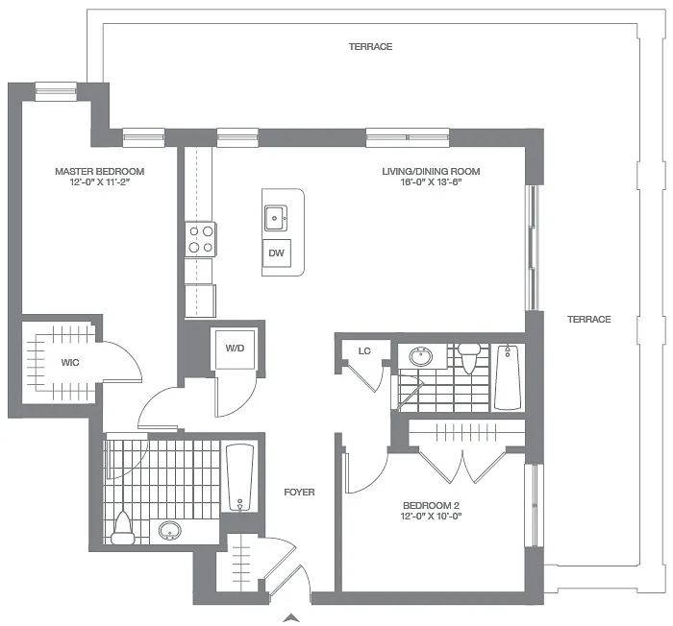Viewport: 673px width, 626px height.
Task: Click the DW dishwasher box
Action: [x=276, y=253]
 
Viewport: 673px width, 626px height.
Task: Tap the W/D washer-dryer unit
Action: [x=234, y=348]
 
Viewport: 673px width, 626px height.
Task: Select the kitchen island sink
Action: [x=276, y=218]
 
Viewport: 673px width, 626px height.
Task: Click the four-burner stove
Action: [x=200, y=238]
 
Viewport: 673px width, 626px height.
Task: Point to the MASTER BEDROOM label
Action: [x=99, y=172]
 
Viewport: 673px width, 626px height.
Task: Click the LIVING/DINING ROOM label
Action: [x=431, y=172]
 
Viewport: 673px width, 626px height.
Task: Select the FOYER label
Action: [x=299, y=493]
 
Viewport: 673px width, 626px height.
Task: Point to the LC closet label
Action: [x=364, y=351]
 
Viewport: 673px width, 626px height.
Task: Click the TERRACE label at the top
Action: [x=370, y=46]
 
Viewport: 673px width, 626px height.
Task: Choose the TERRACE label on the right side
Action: [x=588, y=319]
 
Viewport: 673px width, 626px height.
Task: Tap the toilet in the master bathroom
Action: [x=122, y=527]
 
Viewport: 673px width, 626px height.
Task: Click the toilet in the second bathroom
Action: [x=469, y=358]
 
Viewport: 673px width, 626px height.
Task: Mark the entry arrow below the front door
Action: [x=294, y=617]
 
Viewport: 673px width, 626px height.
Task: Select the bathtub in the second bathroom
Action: [x=508, y=376]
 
